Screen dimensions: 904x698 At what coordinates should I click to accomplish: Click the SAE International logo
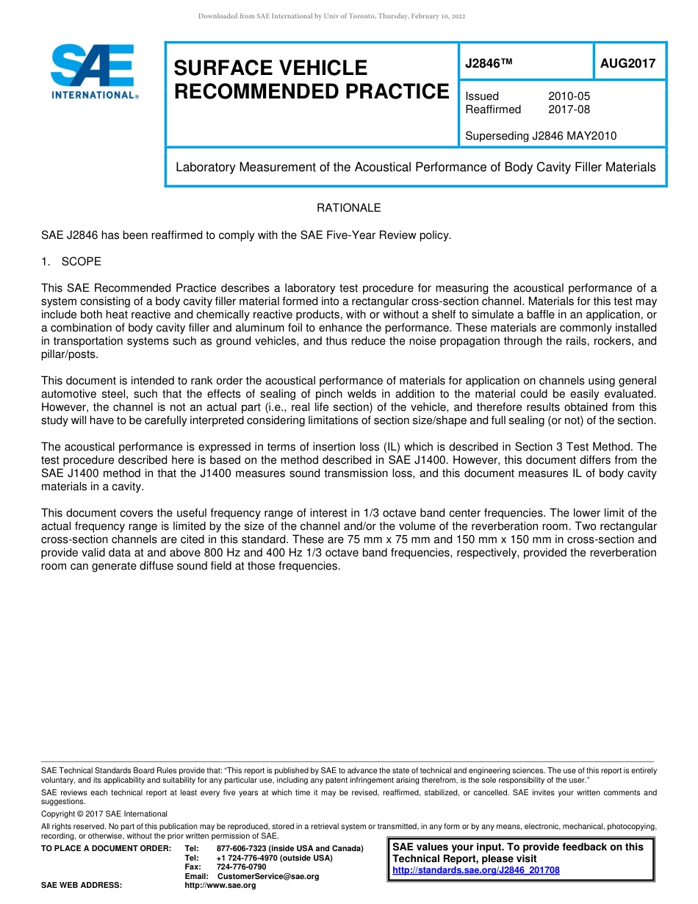[93, 71]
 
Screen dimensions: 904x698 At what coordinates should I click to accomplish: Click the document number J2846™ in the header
[488, 64]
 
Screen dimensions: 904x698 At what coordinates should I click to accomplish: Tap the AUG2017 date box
[627, 64]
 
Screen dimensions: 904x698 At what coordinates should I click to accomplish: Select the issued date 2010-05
[569, 96]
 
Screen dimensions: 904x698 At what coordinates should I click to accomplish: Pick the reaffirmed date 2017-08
[569, 110]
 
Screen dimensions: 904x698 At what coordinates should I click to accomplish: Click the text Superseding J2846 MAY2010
[541, 136]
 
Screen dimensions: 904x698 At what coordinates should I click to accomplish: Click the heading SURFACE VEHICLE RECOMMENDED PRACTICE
[311, 79]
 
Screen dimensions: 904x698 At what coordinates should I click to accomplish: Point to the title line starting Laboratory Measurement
[415, 167]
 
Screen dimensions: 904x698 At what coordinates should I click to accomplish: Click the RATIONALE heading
[348, 208]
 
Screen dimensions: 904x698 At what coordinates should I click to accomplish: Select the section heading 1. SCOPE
[71, 262]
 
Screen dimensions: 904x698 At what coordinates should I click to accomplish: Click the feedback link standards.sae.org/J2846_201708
[476, 870]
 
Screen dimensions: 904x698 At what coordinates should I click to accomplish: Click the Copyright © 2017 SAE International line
[104, 814]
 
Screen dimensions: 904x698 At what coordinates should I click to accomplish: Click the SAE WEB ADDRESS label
[81, 886]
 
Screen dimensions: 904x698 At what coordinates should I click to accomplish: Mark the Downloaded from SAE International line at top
[331, 16]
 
